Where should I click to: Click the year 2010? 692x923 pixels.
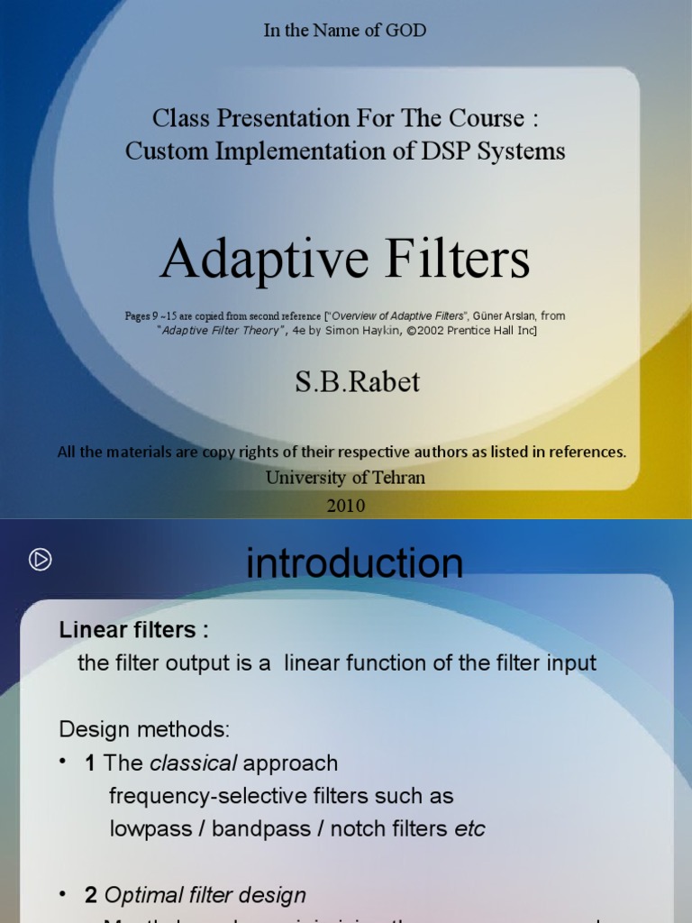coord(345,506)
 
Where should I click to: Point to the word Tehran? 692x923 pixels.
coord(397,478)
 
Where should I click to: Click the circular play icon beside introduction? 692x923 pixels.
coord(40,560)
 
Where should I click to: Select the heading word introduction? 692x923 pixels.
coord(354,563)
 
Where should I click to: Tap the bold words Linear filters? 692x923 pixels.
coord(134,630)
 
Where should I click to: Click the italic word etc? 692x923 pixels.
coord(469,829)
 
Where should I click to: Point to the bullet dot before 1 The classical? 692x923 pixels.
coord(64,762)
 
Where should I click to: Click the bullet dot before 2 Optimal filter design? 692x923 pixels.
coord(64,894)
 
